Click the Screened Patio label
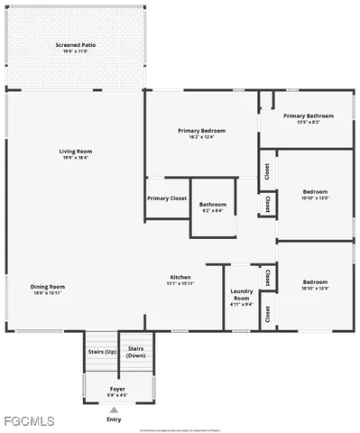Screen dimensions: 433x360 pos(76,44)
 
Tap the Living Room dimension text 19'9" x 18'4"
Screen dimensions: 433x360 pos(76,158)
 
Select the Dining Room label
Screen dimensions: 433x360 pos(50,287)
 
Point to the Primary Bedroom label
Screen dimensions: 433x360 pos(201,131)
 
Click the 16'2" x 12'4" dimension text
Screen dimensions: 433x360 pos(201,137)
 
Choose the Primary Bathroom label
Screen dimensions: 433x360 pos(308,115)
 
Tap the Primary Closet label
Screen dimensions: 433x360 pos(167,198)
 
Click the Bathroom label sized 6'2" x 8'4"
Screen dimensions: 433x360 pos(213,205)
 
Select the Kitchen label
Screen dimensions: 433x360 pos(180,276)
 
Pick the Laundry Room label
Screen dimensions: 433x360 pos(241,292)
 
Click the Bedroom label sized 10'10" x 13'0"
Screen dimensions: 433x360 pos(315,191)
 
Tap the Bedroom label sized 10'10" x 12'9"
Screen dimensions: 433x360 pos(315,281)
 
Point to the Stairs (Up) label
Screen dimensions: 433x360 pos(101,351)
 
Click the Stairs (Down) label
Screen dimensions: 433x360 pos(136,352)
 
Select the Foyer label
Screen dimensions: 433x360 pos(118,388)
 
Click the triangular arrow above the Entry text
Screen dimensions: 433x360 pos(114,410)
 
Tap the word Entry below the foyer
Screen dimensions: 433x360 pos(114,419)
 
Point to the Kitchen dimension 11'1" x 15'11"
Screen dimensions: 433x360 pos(180,283)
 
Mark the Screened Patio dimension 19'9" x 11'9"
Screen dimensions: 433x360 pos(76,51)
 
